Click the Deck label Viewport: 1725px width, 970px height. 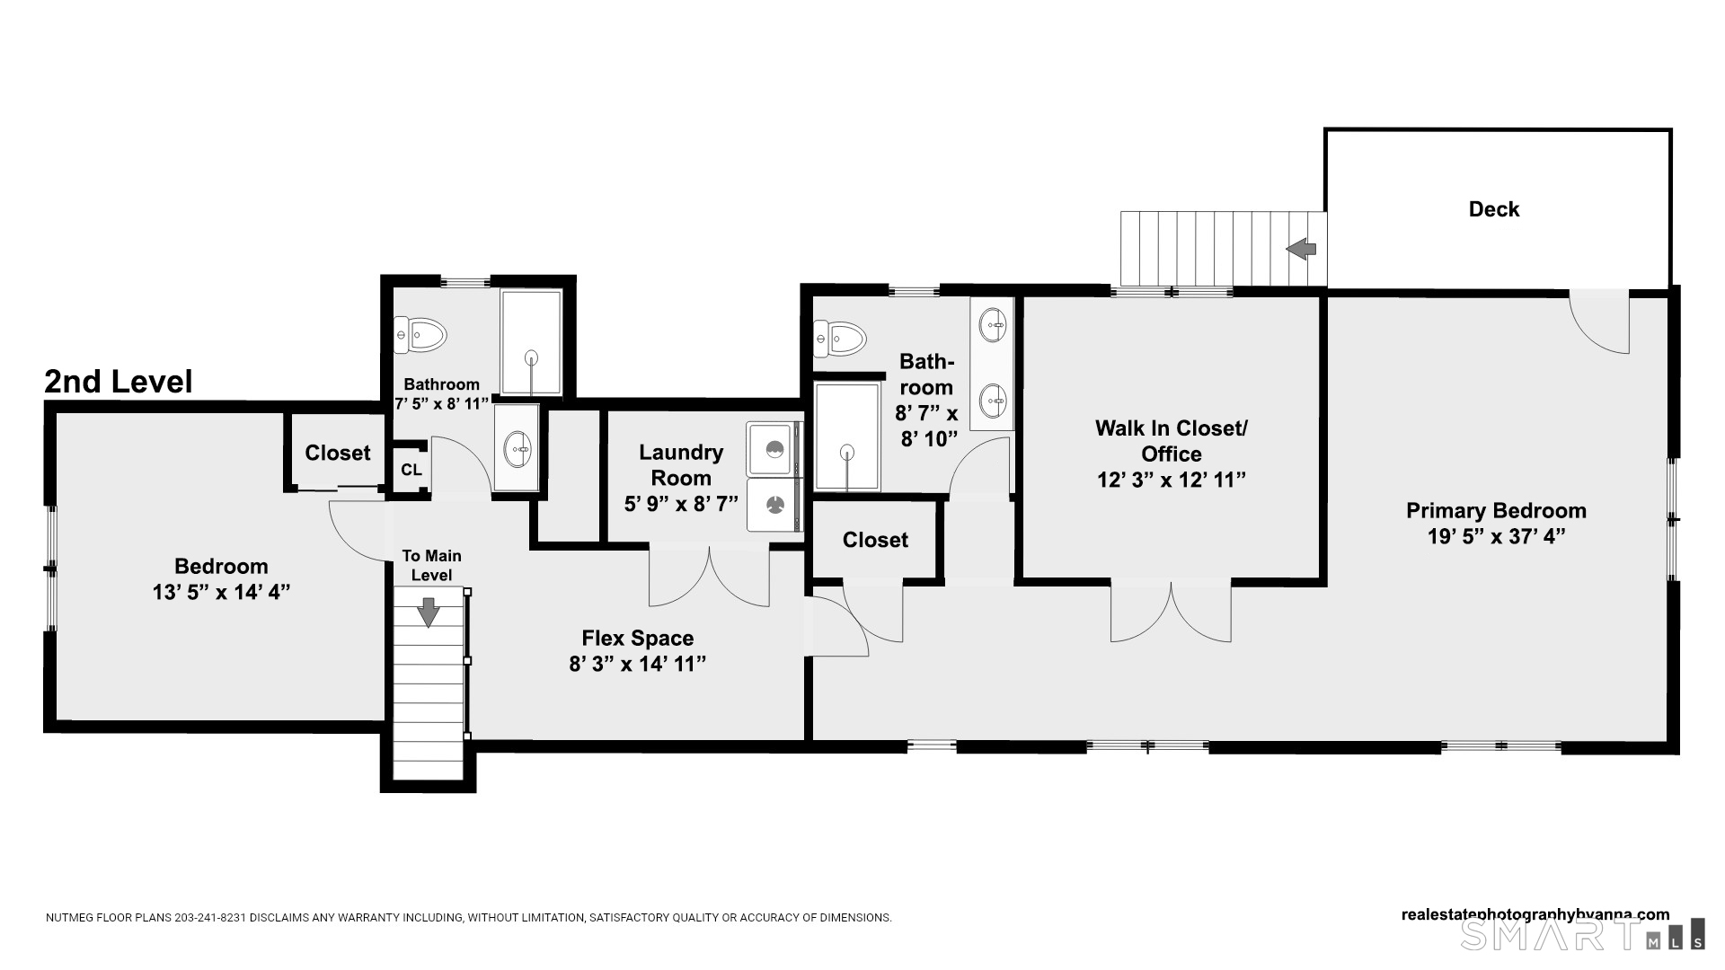pyautogui.click(x=1493, y=209)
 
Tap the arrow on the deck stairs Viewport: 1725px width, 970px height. pyautogui.click(x=1302, y=248)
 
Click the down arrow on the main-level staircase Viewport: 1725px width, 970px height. pyautogui.click(x=429, y=611)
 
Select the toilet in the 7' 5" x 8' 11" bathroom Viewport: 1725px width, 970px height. pyautogui.click(x=421, y=335)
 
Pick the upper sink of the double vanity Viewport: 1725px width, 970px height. pyautogui.click(x=992, y=325)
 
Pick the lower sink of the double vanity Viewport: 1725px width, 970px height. pyautogui.click(x=992, y=401)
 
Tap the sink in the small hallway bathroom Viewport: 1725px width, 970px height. pyautogui.click(x=517, y=447)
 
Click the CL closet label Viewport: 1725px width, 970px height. pyautogui.click(x=411, y=470)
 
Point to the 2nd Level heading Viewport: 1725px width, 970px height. pyautogui.click(x=118, y=382)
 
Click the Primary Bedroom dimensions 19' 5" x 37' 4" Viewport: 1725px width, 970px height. pyautogui.click(x=1496, y=537)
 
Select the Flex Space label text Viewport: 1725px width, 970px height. pyautogui.click(x=637, y=639)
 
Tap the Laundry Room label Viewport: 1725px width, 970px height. pyautogui.click(x=681, y=465)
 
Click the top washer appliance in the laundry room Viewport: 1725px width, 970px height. pyautogui.click(x=773, y=448)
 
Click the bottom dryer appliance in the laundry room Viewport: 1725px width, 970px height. pyautogui.click(x=773, y=505)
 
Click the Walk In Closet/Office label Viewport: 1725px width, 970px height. pyautogui.click(x=1171, y=441)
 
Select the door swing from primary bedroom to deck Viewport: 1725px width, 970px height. pyautogui.click(x=1600, y=322)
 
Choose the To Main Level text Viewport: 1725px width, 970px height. pyautogui.click(x=431, y=566)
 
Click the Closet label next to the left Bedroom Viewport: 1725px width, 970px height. pyautogui.click(x=337, y=453)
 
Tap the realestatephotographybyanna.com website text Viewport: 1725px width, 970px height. pyautogui.click(x=1535, y=914)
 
